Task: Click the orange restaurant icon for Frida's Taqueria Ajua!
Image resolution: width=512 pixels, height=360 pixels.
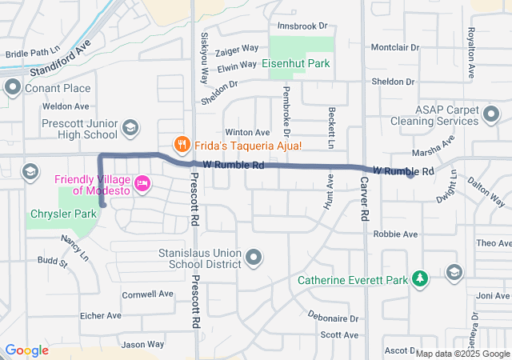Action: click(x=182, y=145)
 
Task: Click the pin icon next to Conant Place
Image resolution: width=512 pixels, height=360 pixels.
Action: click(x=12, y=88)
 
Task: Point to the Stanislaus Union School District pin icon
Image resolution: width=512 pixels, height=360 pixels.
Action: click(x=254, y=257)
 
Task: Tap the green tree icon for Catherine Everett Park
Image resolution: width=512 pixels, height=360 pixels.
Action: click(x=419, y=279)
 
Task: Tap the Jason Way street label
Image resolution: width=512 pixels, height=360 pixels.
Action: click(x=142, y=345)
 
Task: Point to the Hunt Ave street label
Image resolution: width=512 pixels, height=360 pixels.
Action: click(x=329, y=195)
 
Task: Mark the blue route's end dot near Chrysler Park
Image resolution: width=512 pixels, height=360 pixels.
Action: click(x=103, y=205)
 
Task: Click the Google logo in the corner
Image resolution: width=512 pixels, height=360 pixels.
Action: click(x=26, y=350)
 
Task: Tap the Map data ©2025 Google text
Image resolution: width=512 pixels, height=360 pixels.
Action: click(x=462, y=354)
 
